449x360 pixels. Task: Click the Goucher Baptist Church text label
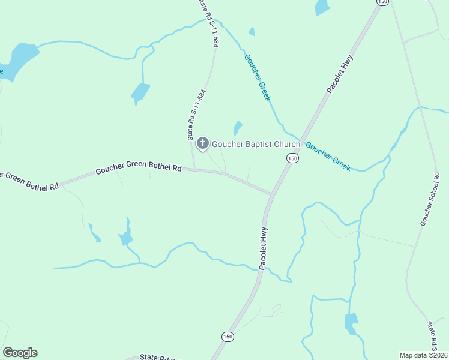[x=256, y=144]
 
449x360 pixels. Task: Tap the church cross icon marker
[x=203, y=143]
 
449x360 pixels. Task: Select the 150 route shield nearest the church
[x=292, y=158]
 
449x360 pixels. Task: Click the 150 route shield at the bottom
[x=227, y=337]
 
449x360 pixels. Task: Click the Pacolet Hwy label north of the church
[x=339, y=74]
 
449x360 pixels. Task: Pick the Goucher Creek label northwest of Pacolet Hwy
[x=258, y=77]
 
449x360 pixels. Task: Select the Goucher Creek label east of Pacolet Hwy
[x=328, y=157]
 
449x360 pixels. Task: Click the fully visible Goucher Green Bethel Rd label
[x=138, y=170]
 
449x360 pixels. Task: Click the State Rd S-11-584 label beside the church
[x=193, y=115]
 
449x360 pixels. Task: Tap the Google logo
[x=20, y=353]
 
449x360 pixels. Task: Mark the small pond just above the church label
[x=238, y=128]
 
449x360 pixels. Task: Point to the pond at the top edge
[x=322, y=7]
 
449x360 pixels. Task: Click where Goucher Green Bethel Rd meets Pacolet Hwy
[x=272, y=195]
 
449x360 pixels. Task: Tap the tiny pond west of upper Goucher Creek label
[x=252, y=32]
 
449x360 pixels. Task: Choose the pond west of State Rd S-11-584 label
[x=140, y=92]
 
